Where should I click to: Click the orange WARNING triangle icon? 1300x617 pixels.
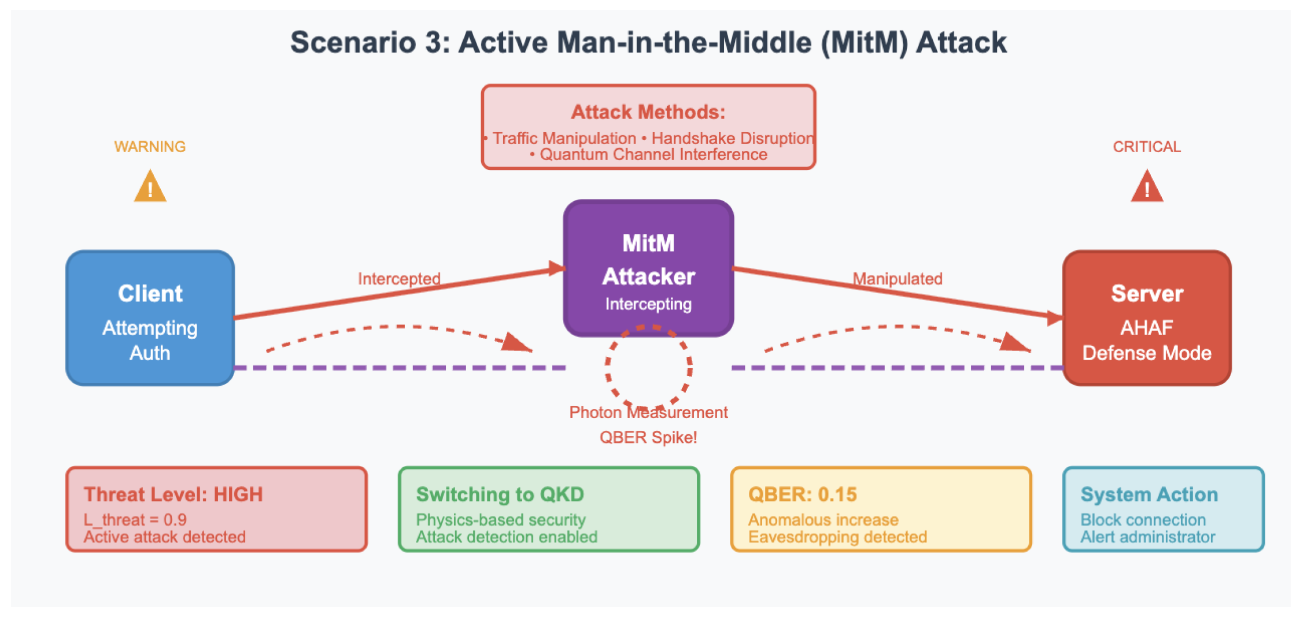point(150,187)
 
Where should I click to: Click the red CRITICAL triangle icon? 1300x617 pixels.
point(1147,187)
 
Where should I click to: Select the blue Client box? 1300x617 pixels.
point(150,318)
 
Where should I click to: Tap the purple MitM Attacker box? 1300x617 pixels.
point(649,268)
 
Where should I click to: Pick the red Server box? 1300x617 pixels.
point(1147,318)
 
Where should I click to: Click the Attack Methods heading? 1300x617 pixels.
point(648,112)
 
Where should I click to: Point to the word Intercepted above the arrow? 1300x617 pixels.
point(399,279)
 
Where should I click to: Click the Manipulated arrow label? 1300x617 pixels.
point(898,279)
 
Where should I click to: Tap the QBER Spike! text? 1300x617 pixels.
point(648,437)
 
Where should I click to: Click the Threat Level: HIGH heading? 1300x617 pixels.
point(173,494)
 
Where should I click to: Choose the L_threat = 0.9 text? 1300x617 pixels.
point(135,520)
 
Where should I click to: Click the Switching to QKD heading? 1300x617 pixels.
point(500,494)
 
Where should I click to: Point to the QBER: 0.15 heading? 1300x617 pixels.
point(803,494)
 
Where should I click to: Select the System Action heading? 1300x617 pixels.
point(1150,494)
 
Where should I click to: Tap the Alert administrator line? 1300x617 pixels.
point(1148,537)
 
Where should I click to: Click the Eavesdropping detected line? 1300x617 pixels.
point(837,537)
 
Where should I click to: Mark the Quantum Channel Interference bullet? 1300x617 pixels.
point(648,155)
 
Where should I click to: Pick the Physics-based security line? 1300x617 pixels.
point(501,520)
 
